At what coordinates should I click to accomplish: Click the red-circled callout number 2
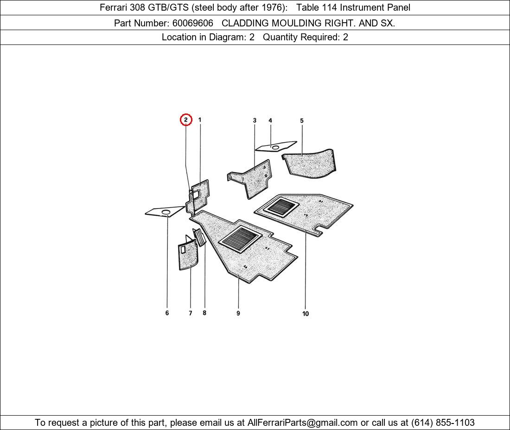click(x=186, y=120)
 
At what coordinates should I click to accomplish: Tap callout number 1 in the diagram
click(x=200, y=120)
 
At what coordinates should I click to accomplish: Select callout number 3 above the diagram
click(x=255, y=120)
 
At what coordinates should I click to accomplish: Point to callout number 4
click(x=270, y=120)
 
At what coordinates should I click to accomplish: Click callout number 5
click(x=302, y=120)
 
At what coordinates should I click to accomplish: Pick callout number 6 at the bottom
click(x=167, y=313)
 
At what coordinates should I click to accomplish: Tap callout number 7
click(x=190, y=313)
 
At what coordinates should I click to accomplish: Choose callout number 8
click(x=204, y=313)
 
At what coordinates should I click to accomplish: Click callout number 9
click(x=238, y=313)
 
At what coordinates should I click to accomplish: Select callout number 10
click(x=306, y=314)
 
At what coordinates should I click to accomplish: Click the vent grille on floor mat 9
click(x=240, y=239)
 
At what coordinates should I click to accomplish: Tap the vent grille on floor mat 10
click(x=280, y=207)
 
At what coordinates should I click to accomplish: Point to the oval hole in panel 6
click(x=166, y=212)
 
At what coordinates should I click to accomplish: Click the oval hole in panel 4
click(x=275, y=148)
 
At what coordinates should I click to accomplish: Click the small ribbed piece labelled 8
click(x=200, y=237)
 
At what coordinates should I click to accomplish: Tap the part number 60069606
click(x=193, y=23)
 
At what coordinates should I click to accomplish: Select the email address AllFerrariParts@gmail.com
click(x=302, y=423)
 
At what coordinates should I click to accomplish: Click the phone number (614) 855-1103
click(x=443, y=423)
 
